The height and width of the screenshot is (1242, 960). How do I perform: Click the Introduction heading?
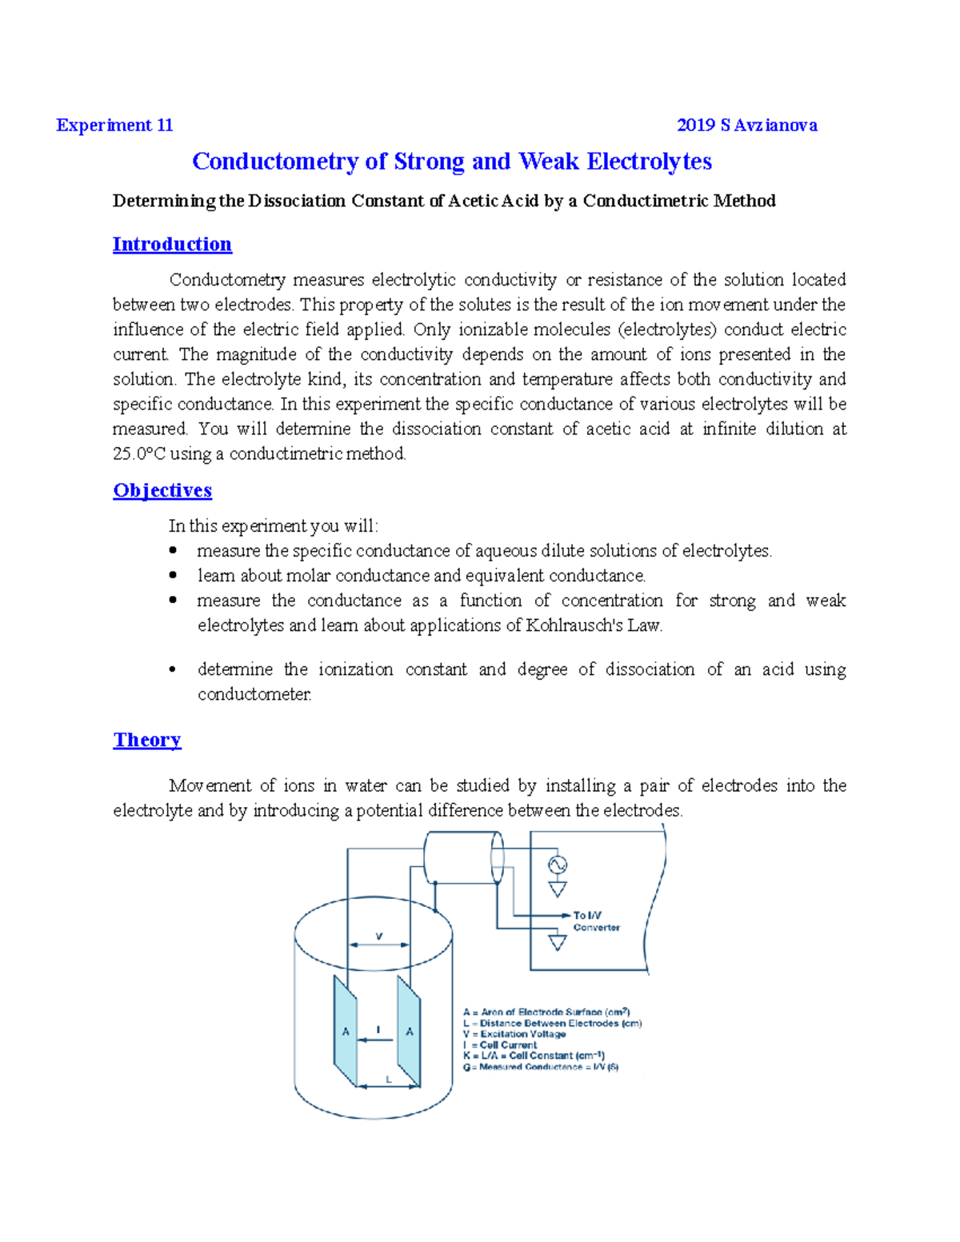[172, 245]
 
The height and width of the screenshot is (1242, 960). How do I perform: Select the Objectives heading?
[162, 491]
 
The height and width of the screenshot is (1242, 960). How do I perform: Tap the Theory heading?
[147, 741]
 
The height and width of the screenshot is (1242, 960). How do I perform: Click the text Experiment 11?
[114, 126]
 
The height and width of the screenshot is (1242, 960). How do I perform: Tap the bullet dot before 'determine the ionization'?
[173, 670]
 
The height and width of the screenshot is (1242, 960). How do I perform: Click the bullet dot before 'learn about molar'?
[173, 576]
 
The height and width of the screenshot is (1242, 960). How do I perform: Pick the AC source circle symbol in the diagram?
[557, 865]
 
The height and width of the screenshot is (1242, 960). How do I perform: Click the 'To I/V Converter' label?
[596, 921]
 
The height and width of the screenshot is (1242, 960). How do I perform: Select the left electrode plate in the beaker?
[346, 1032]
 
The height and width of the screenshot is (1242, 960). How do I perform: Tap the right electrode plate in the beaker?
[409, 1032]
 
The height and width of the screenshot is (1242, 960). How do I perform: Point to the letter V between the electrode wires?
[379, 936]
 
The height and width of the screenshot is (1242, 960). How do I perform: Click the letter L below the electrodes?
[389, 1080]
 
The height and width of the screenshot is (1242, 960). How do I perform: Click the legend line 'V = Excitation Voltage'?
[514, 1034]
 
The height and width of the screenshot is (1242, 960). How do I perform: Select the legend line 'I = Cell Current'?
[501, 1045]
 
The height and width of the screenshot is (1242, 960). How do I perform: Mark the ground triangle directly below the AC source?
[557, 889]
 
